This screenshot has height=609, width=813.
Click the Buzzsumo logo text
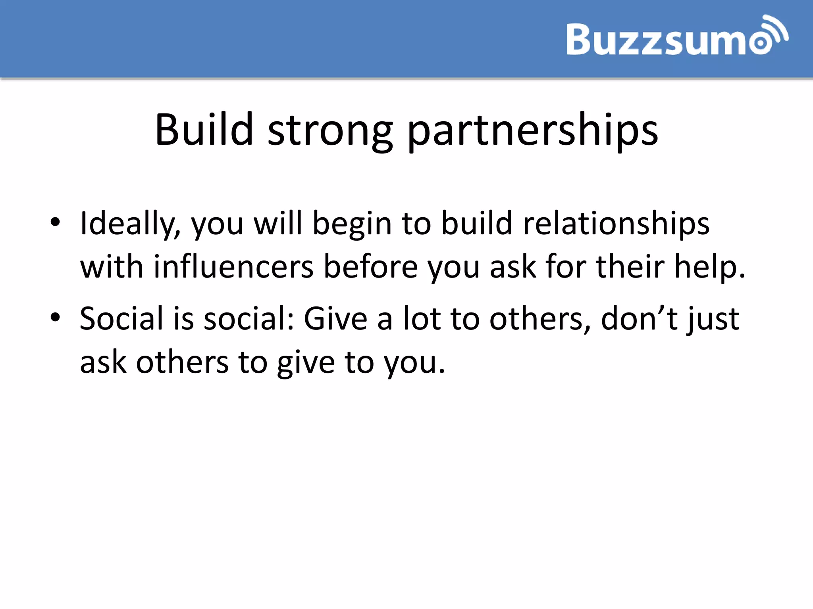663,39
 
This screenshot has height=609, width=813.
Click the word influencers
233,267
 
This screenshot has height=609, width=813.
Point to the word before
370,267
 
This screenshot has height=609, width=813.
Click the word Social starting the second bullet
121,318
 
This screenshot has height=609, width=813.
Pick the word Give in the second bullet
335,318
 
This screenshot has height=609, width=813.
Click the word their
630,267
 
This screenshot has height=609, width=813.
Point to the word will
278,223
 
